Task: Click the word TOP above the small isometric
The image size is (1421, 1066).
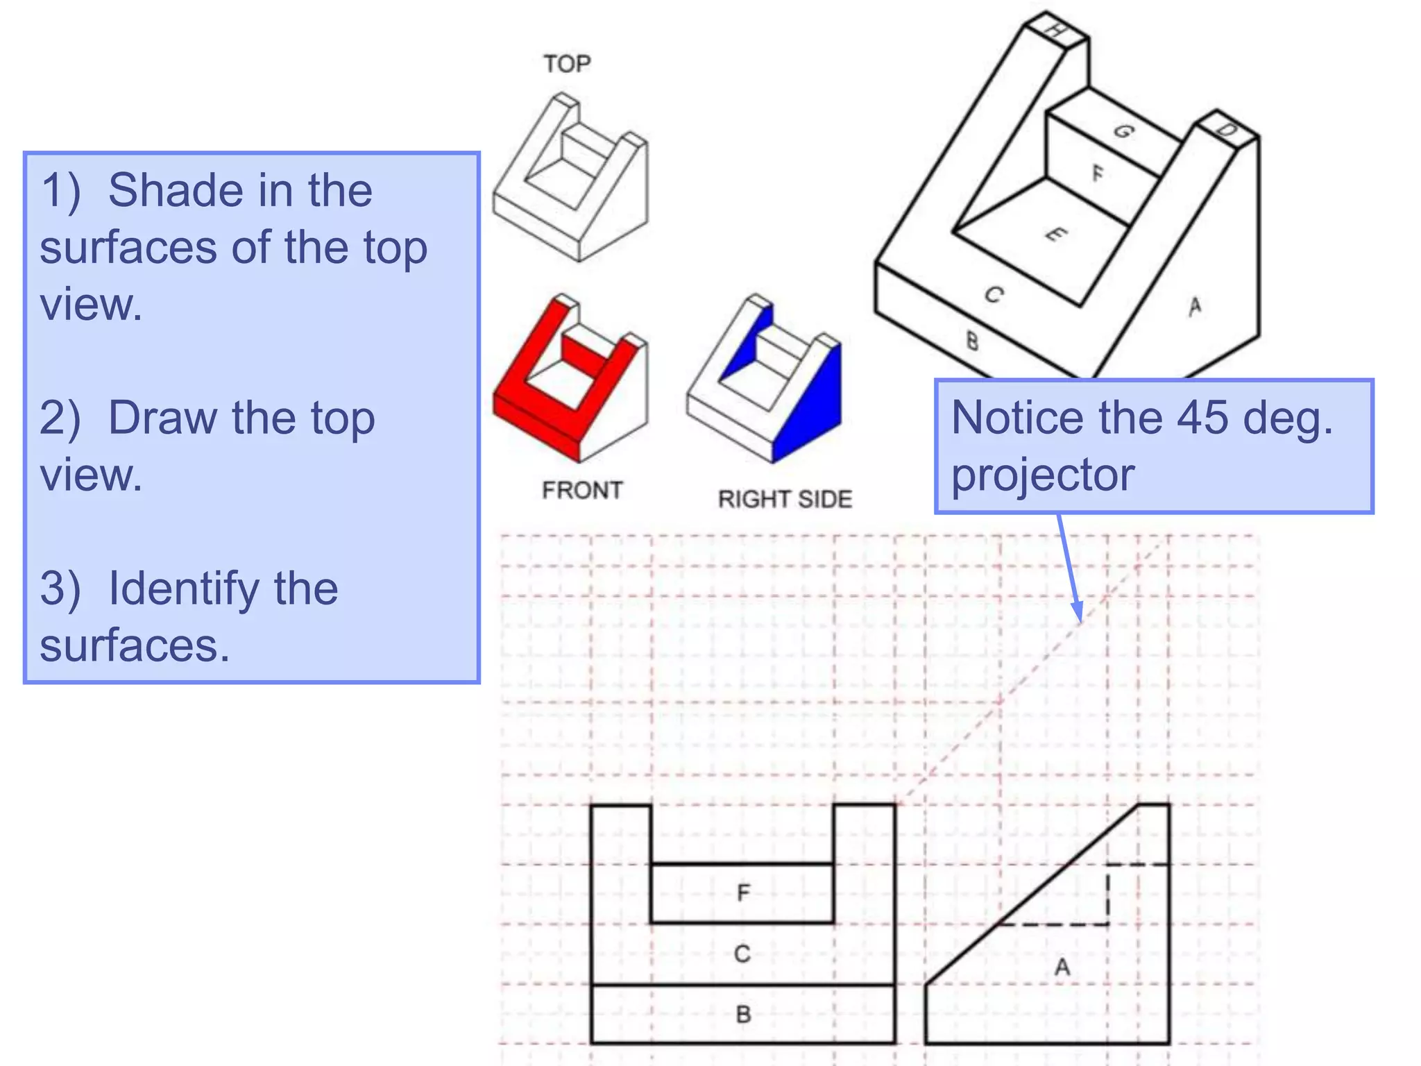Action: coord(567,64)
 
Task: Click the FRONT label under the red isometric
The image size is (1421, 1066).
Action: coord(582,490)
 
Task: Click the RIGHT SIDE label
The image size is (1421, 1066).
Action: coord(785,499)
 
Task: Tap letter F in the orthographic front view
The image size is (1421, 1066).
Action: coord(743,892)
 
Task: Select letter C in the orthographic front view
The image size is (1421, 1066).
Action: coord(742,954)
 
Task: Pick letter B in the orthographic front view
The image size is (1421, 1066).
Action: coord(743,1015)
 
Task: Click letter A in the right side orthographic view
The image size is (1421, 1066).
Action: coord(1062,967)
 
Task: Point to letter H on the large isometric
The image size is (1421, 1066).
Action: coord(1055,31)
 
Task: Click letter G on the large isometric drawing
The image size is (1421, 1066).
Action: coord(1123,131)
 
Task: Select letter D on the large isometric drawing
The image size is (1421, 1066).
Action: coord(1227,130)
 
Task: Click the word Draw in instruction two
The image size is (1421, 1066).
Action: coord(164,418)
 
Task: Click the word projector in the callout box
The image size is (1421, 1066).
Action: coord(1042,476)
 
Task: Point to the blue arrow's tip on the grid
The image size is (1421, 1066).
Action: coord(1080,620)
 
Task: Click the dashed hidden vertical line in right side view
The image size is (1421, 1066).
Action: coord(1108,895)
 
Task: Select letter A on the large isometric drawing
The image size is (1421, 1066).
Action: coord(1194,306)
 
